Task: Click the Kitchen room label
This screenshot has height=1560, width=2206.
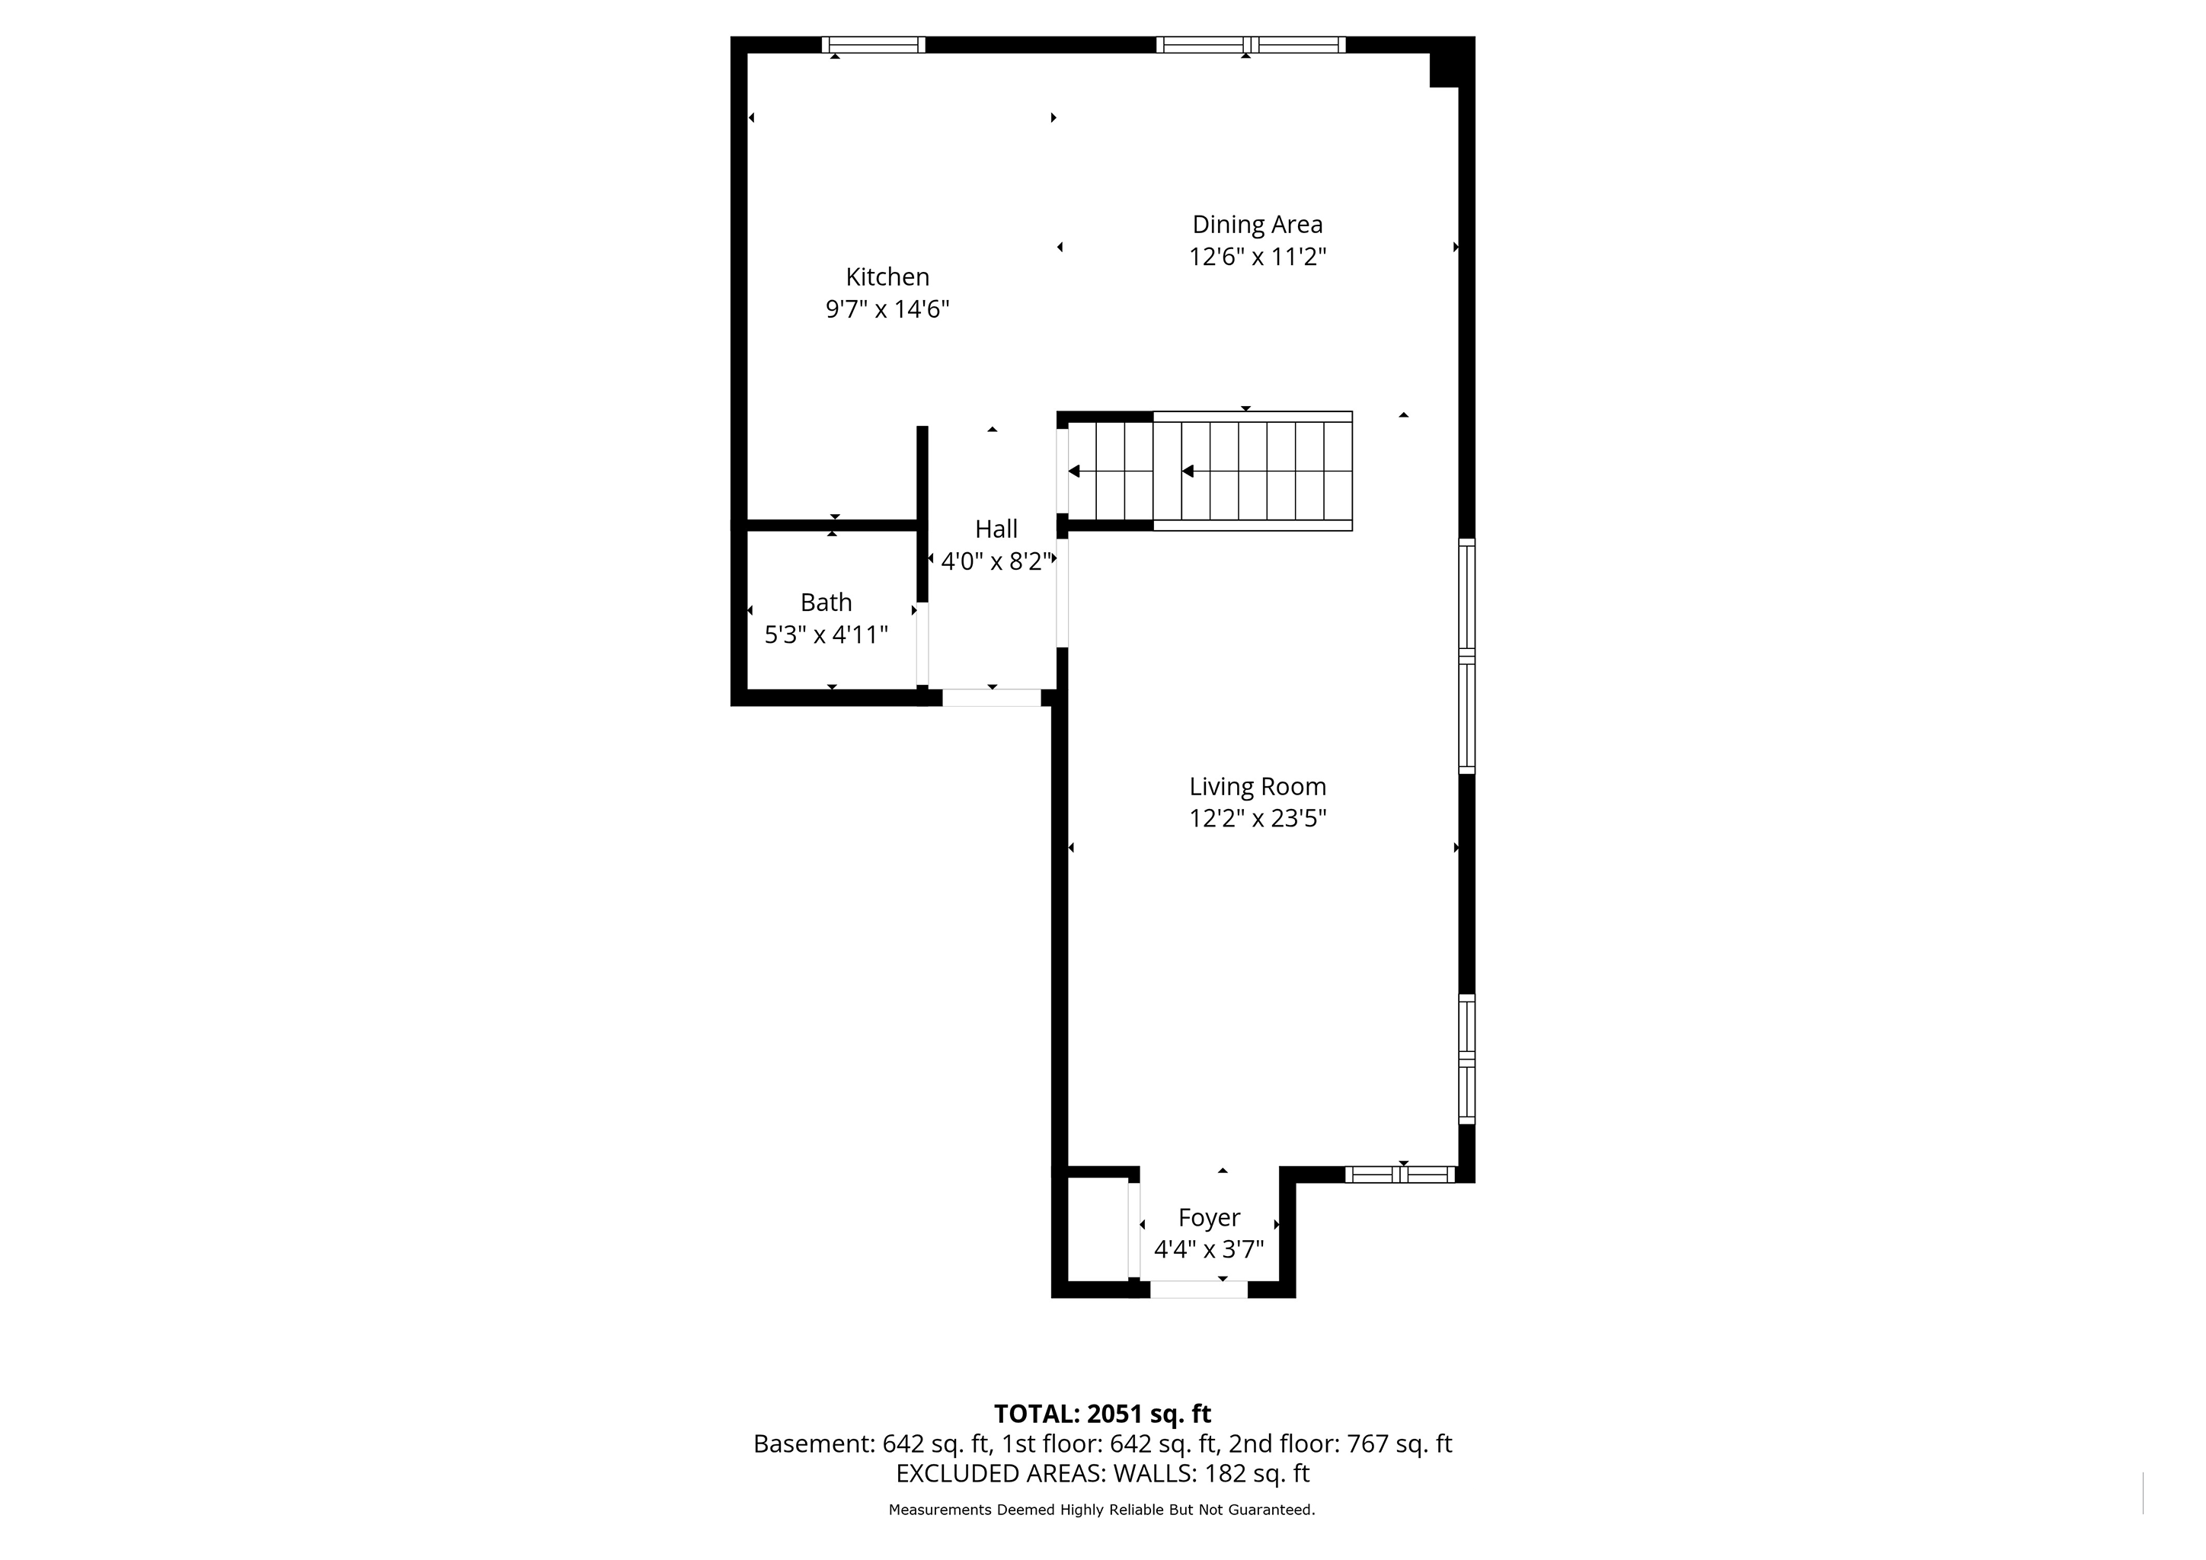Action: [x=887, y=277]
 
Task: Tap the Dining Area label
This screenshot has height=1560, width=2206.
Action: [x=1257, y=224]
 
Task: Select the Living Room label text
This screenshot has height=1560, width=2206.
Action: [x=1257, y=787]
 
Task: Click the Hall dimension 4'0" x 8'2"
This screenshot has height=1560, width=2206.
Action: [x=996, y=561]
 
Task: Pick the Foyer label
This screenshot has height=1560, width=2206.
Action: [x=1209, y=1218]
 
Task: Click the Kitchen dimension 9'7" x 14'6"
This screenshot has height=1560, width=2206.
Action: [x=887, y=309]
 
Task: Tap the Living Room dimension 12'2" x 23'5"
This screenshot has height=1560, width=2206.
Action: [x=1257, y=818]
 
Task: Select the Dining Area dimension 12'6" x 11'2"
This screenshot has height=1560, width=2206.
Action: [x=1257, y=257]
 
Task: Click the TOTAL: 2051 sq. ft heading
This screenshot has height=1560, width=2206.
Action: [x=1102, y=1414]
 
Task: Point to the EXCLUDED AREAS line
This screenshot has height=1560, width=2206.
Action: [x=1102, y=1474]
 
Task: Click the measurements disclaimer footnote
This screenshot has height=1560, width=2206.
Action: [x=1102, y=1510]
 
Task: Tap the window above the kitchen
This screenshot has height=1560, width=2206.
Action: [x=874, y=44]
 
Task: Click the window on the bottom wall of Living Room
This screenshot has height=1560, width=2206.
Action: [x=1400, y=1174]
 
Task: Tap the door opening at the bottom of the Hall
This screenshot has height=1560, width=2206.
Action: [x=992, y=698]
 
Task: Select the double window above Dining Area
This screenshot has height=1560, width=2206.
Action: [x=1250, y=44]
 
